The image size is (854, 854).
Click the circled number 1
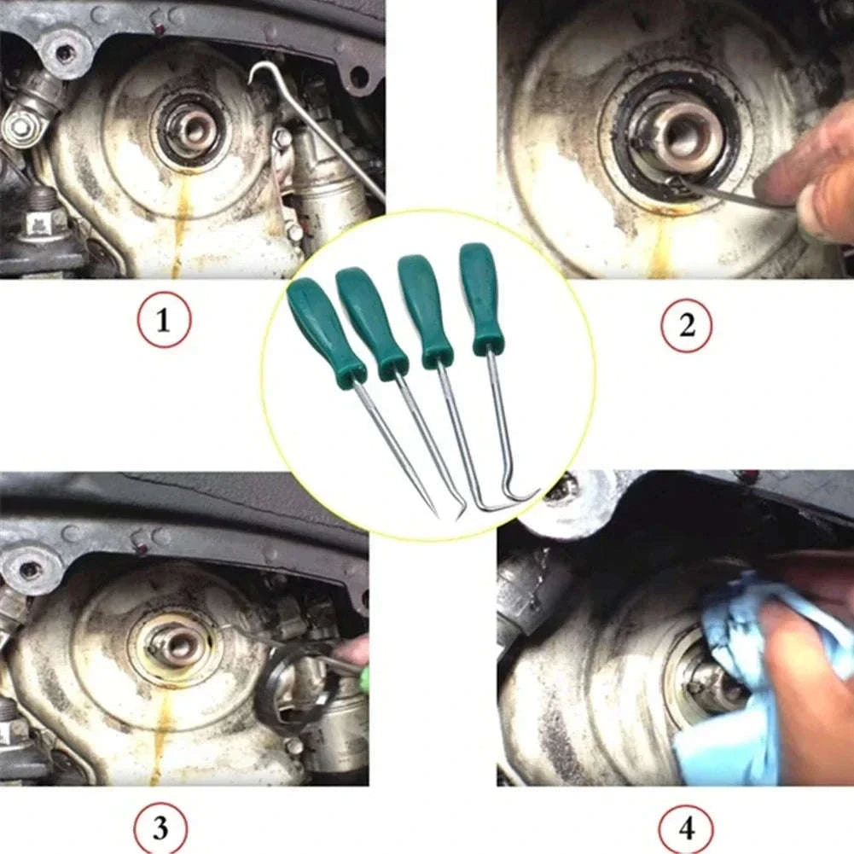tap(163, 322)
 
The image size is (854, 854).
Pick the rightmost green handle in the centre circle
tap(481, 297)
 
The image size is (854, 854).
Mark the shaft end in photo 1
tap(193, 129)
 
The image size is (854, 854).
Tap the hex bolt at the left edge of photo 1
tap(19, 126)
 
